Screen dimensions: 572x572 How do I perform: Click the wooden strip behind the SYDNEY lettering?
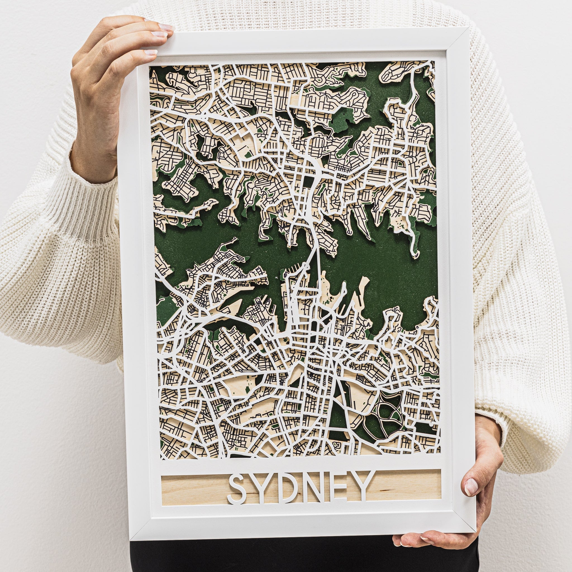192,490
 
